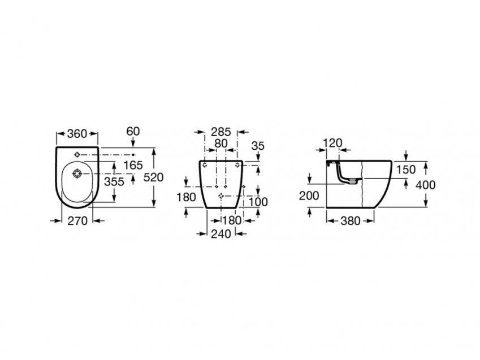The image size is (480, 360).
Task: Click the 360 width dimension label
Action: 77,134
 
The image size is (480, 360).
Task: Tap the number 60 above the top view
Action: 133,131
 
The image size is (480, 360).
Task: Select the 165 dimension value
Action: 133,165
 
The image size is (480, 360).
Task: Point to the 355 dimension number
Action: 114,181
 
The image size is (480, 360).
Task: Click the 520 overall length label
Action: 154,177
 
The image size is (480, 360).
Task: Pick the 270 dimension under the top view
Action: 77,221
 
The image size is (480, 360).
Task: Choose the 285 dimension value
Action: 220,132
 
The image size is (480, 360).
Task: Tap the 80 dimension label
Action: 220,144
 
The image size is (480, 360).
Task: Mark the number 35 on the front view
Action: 258,146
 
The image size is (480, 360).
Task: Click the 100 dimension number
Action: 258,202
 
